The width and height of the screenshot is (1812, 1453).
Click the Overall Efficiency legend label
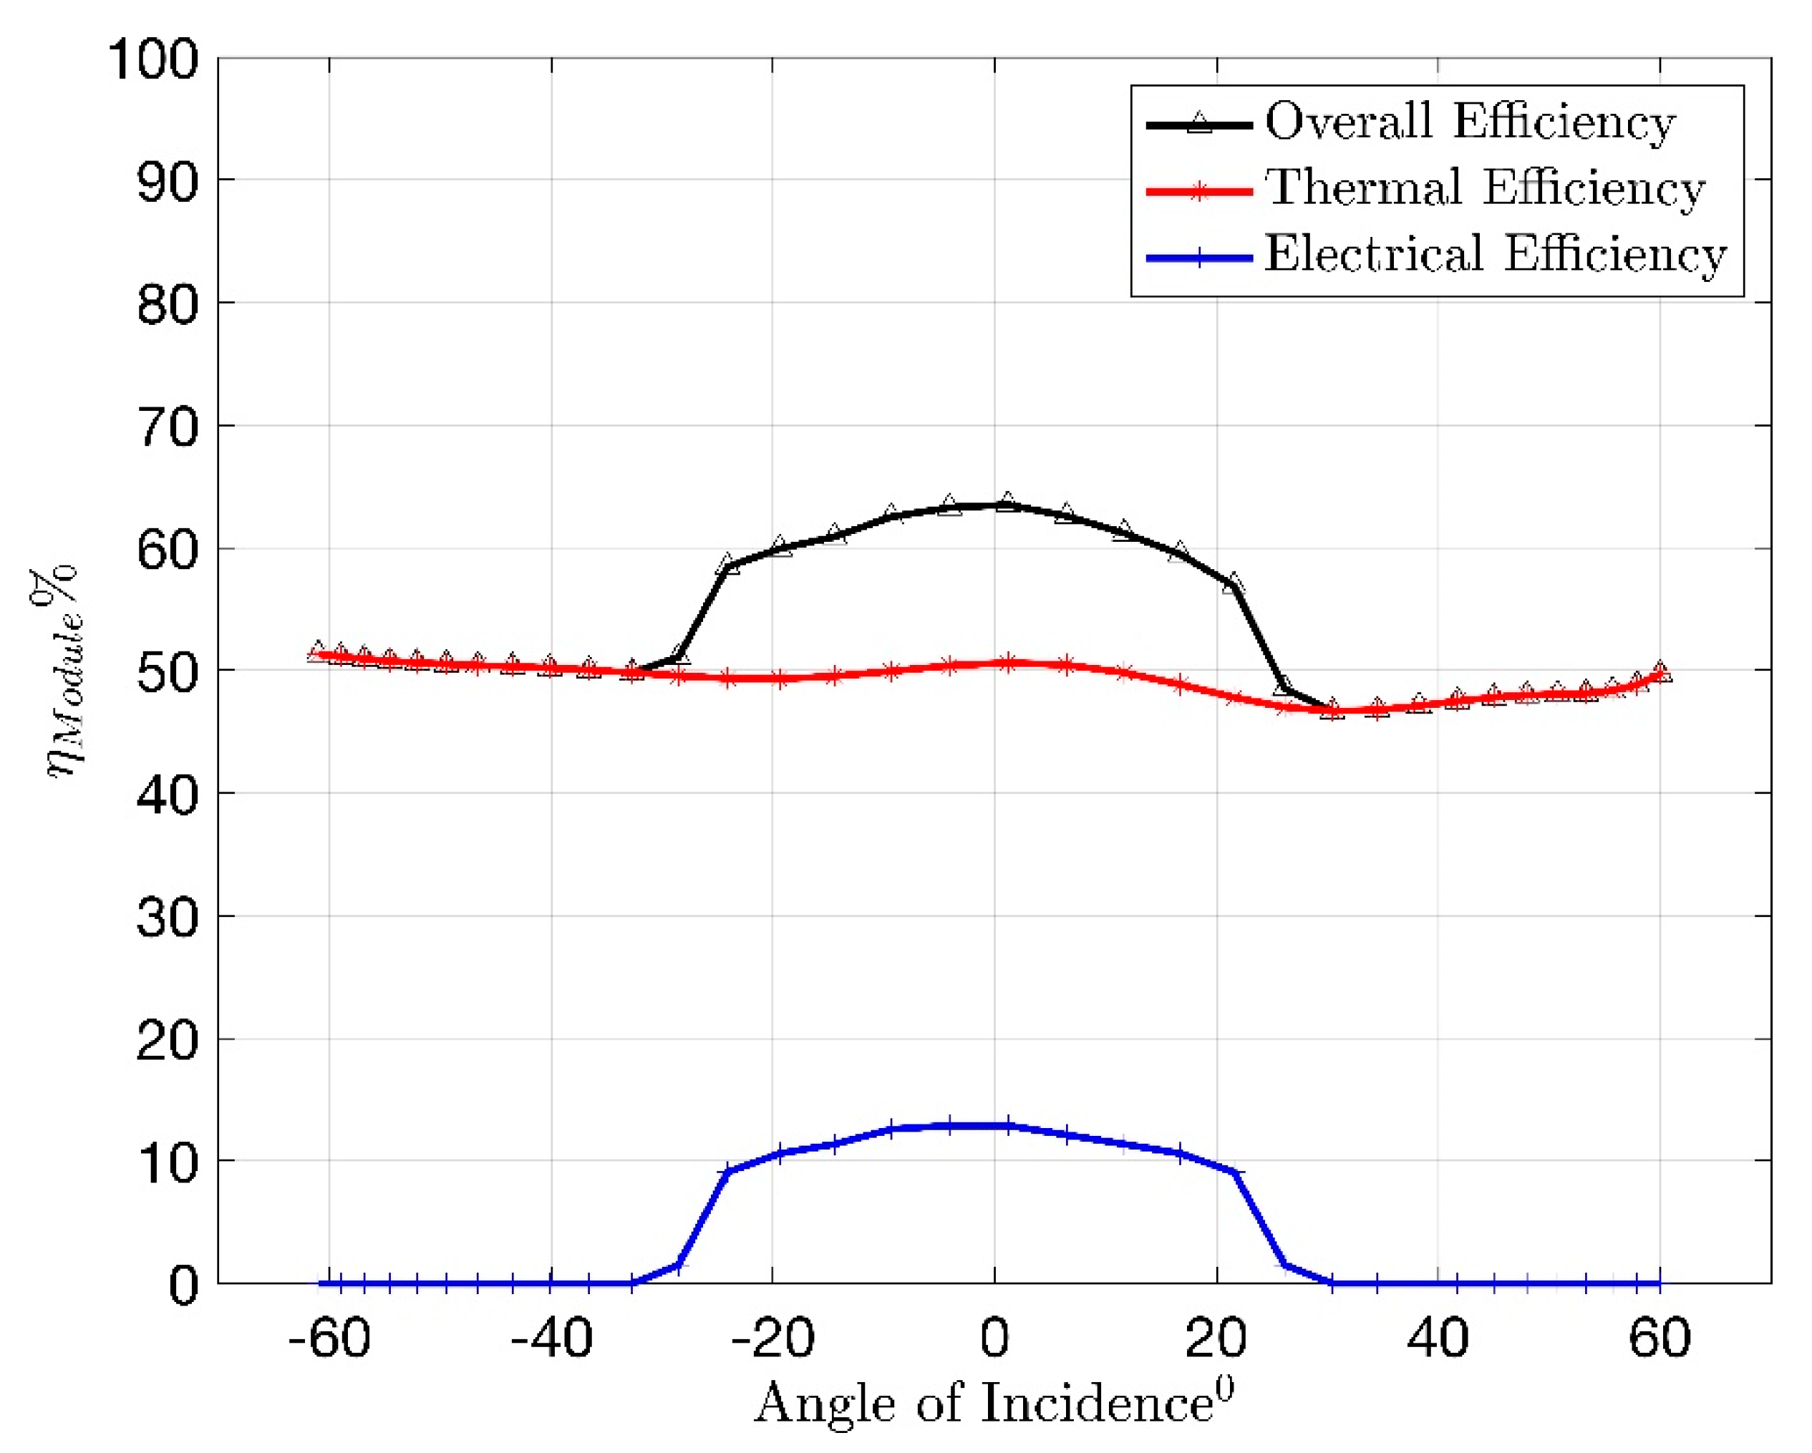[x=1471, y=122]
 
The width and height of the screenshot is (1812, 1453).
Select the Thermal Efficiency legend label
[x=1485, y=188]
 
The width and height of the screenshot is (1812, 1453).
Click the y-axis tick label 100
[x=154, y=61]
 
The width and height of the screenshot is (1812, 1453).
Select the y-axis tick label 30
[x=168, y=918]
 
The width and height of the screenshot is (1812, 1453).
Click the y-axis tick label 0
[x=184, y=1286]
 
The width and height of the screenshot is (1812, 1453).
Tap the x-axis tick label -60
[x=329, y=1338]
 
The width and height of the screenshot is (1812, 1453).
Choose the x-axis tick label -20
[x=772, y=1338]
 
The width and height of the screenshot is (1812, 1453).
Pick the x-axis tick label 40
[x=1438, y=1338]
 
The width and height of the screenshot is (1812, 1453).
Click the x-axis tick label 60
[x=1660, y=1338]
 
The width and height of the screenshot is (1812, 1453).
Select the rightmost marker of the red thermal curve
[x=1660, y=671]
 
